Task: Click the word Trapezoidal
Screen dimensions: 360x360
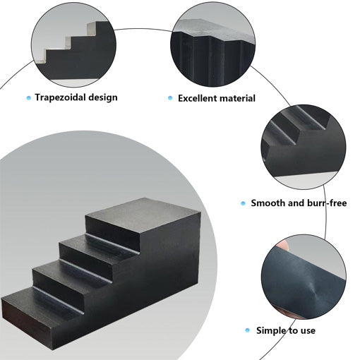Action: [x=61, y=97]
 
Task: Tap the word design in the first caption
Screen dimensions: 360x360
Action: [x=103, y=97]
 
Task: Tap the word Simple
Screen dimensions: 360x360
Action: [x=271, y=330]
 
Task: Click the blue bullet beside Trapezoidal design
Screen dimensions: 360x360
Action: [x=29, y=97]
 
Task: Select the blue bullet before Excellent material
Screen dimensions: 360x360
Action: [x=170, y=98]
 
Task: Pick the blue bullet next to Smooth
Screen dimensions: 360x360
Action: [x=243, y=203]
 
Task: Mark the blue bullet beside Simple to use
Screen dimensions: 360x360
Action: [x=247, y=330]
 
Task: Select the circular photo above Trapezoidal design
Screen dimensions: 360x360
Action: [x=73, y=44]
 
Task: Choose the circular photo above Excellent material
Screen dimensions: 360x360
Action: [x=213, y=44]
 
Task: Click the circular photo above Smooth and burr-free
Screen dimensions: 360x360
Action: [x=304, y=147]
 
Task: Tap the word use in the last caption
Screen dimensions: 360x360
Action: [x=307, y=330]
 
